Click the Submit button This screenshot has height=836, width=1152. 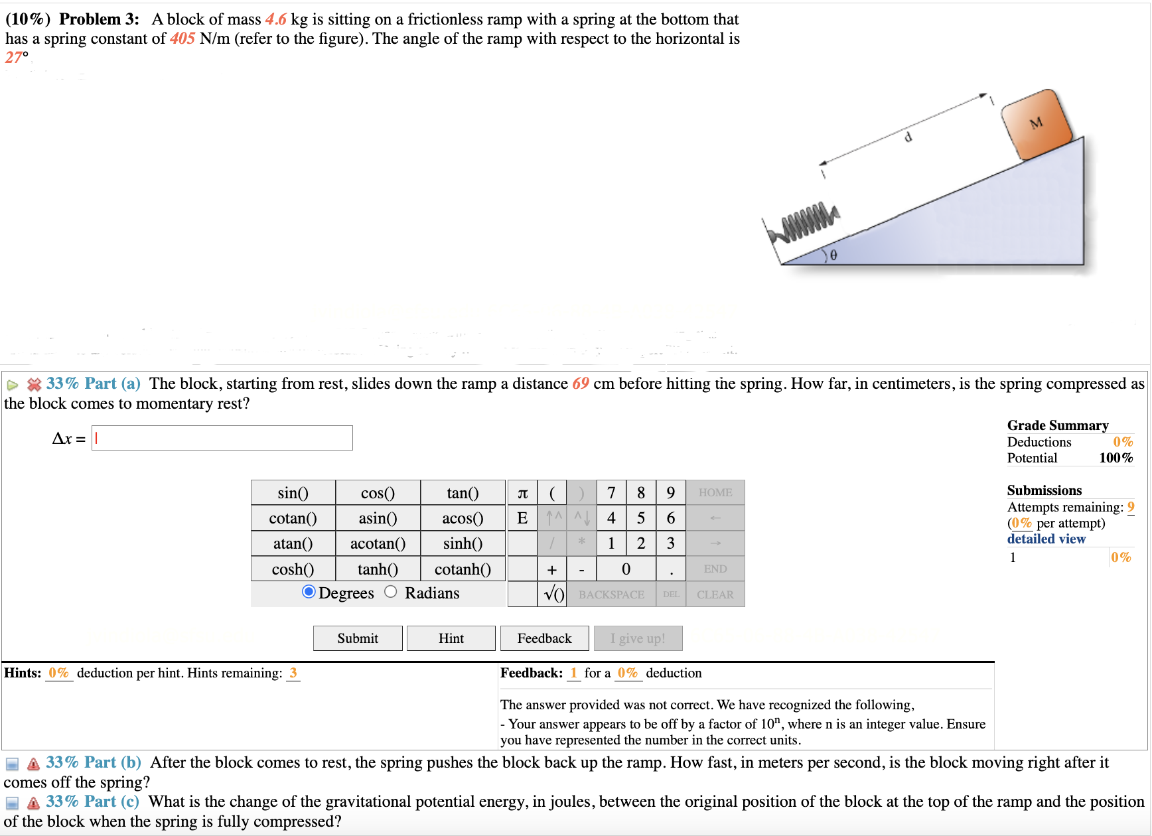click(x=358, y=638)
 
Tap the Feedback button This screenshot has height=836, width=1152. click(x=544, y=638)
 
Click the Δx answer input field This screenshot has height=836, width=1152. click(x=222, y=438)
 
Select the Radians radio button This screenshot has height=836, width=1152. click(x=391, y=592)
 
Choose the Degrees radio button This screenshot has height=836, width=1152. click(x=309, y=592)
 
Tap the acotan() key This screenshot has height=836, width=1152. click(x=378, y=543)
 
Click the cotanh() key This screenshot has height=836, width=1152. click(x=463, y=569)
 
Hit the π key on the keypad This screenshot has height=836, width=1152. click(x=522, y=493)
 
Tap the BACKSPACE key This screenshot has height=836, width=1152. click(x=611, y=594)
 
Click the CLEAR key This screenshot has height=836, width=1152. click(x=715, y=594)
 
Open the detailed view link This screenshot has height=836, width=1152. click(x=1046, y=539)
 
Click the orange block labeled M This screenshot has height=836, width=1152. click(x=1036, y=124)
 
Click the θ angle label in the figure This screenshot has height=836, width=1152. click(x=833, y=255)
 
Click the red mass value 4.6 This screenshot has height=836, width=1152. click(x=275, y=20)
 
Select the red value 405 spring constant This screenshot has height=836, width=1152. click(x=182, y=38)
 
